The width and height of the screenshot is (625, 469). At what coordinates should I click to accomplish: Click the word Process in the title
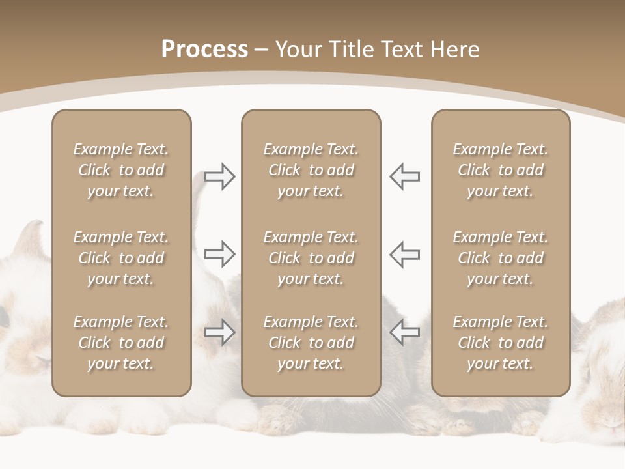point(204,49)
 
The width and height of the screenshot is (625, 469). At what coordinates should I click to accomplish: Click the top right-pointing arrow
point(220,177)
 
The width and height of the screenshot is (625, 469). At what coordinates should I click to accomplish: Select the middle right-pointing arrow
point(220,254)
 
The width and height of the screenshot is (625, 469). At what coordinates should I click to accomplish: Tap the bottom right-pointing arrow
point(220,332)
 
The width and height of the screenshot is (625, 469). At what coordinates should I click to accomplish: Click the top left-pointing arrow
point(404,177)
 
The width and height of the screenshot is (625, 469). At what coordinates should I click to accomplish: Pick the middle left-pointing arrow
point(404,254)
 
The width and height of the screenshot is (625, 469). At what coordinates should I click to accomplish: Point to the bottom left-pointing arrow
point(404,332)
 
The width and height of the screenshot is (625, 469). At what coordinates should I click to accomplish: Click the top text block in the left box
point(121,170)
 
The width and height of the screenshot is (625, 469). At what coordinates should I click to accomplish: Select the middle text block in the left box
point(121,258)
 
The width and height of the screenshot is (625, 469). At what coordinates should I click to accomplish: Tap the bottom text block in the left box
point(121,343)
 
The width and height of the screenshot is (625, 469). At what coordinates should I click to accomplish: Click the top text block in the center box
point(311,170)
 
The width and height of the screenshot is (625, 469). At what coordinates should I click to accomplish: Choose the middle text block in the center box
point(311,258)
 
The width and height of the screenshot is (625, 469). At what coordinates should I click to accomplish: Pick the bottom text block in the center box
point(311,343)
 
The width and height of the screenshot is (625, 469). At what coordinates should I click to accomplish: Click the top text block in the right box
point(500,170)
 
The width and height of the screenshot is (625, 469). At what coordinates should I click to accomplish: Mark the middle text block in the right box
point(500,258)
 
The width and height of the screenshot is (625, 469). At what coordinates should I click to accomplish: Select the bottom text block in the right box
point(500,343)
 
